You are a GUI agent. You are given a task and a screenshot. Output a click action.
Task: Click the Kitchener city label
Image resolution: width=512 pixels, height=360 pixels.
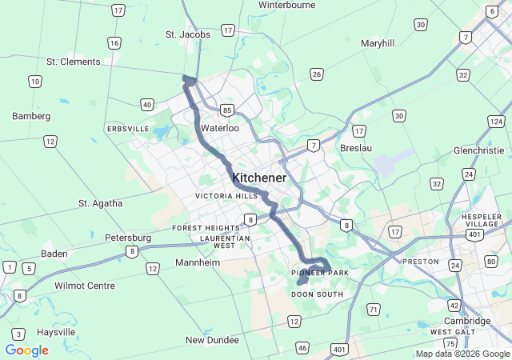(258, 178)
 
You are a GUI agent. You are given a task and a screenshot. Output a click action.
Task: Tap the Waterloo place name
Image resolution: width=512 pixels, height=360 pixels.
(220, 128)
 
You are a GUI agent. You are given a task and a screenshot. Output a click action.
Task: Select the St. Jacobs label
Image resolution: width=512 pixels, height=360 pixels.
(188, 34)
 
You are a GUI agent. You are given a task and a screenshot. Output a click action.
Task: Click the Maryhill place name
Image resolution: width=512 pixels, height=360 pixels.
(378, 43)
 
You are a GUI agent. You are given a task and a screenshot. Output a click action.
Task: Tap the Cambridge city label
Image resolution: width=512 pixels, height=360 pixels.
(467, 321)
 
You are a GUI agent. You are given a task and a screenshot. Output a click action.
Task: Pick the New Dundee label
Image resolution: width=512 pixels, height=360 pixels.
(212, 340)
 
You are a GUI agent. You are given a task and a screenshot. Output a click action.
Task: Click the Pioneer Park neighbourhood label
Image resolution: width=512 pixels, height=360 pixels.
(320, 274)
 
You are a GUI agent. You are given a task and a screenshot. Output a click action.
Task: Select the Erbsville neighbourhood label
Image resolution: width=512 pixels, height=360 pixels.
(128, 129)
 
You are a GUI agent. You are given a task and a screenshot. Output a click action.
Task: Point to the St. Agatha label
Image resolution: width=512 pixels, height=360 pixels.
(101, 203)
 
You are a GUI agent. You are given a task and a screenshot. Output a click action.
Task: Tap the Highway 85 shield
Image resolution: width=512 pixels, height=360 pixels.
(228, 110)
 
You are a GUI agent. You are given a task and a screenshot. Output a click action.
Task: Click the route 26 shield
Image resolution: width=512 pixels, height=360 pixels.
(317, 74)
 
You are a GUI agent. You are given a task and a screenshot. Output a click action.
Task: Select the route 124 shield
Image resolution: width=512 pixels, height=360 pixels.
(496, 122)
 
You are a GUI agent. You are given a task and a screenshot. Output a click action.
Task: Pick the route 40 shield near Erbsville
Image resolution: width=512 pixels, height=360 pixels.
(146, 104)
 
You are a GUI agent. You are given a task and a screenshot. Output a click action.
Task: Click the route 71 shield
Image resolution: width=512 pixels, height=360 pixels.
(374, 309)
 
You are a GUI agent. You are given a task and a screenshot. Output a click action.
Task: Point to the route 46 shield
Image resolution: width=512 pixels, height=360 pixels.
(302, 347)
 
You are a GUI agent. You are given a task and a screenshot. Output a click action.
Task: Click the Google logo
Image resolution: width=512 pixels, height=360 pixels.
(26, 350)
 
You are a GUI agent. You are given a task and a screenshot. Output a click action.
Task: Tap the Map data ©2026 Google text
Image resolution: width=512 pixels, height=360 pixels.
(462, 354)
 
